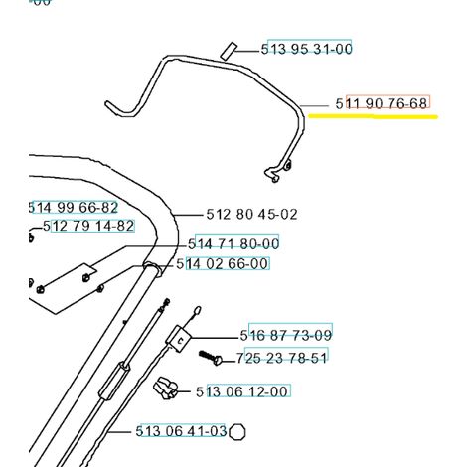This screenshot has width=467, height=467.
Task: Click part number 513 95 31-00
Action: [306, 49]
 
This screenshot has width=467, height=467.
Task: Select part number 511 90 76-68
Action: [382, 103]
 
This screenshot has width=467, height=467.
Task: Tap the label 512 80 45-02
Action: [251, 215]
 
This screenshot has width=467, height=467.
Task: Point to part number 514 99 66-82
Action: [74, 208]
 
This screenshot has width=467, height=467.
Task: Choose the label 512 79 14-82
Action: [88, 226]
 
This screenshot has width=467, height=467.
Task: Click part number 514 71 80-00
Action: [233, 244]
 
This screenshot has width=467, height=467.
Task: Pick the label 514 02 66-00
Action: [223, 264]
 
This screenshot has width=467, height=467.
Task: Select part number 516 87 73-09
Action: [286, 336]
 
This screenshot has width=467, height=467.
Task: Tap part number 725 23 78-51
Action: [281, 358]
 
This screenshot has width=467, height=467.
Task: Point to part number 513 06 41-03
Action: [181, 431]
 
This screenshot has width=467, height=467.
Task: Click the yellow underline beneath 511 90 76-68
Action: [374, 116]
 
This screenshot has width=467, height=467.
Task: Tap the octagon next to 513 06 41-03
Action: [237, 432]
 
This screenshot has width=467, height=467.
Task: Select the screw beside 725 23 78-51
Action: [211, 358]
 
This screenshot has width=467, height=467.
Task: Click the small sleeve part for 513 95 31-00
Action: [229, 51]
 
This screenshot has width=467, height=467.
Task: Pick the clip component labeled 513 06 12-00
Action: [165, 388]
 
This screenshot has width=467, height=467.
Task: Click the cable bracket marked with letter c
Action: [178, 338]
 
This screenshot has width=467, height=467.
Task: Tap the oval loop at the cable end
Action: [197, 311]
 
